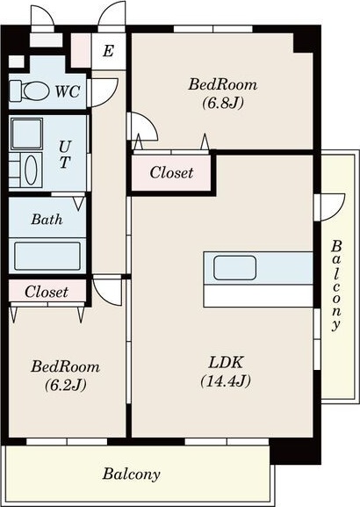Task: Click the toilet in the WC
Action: [29, 91]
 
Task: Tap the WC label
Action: [68, 91]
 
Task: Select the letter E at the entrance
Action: [108, 51]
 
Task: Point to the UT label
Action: [65, 155]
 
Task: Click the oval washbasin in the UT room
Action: [31, 170]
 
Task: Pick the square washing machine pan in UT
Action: [26, 134]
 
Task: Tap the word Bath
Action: [47, 220]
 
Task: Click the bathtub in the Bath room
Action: [47, 256]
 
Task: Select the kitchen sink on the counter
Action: [235, 268]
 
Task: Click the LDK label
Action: [226, 363]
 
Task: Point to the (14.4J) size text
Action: [226, 381]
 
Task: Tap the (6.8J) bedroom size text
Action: [223, 103]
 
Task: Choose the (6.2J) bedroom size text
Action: [66, 385]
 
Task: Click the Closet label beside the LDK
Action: [171, 173]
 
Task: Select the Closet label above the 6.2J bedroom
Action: [47, 292]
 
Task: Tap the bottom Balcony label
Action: [131, 474]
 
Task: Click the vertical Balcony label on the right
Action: [336, 286]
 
